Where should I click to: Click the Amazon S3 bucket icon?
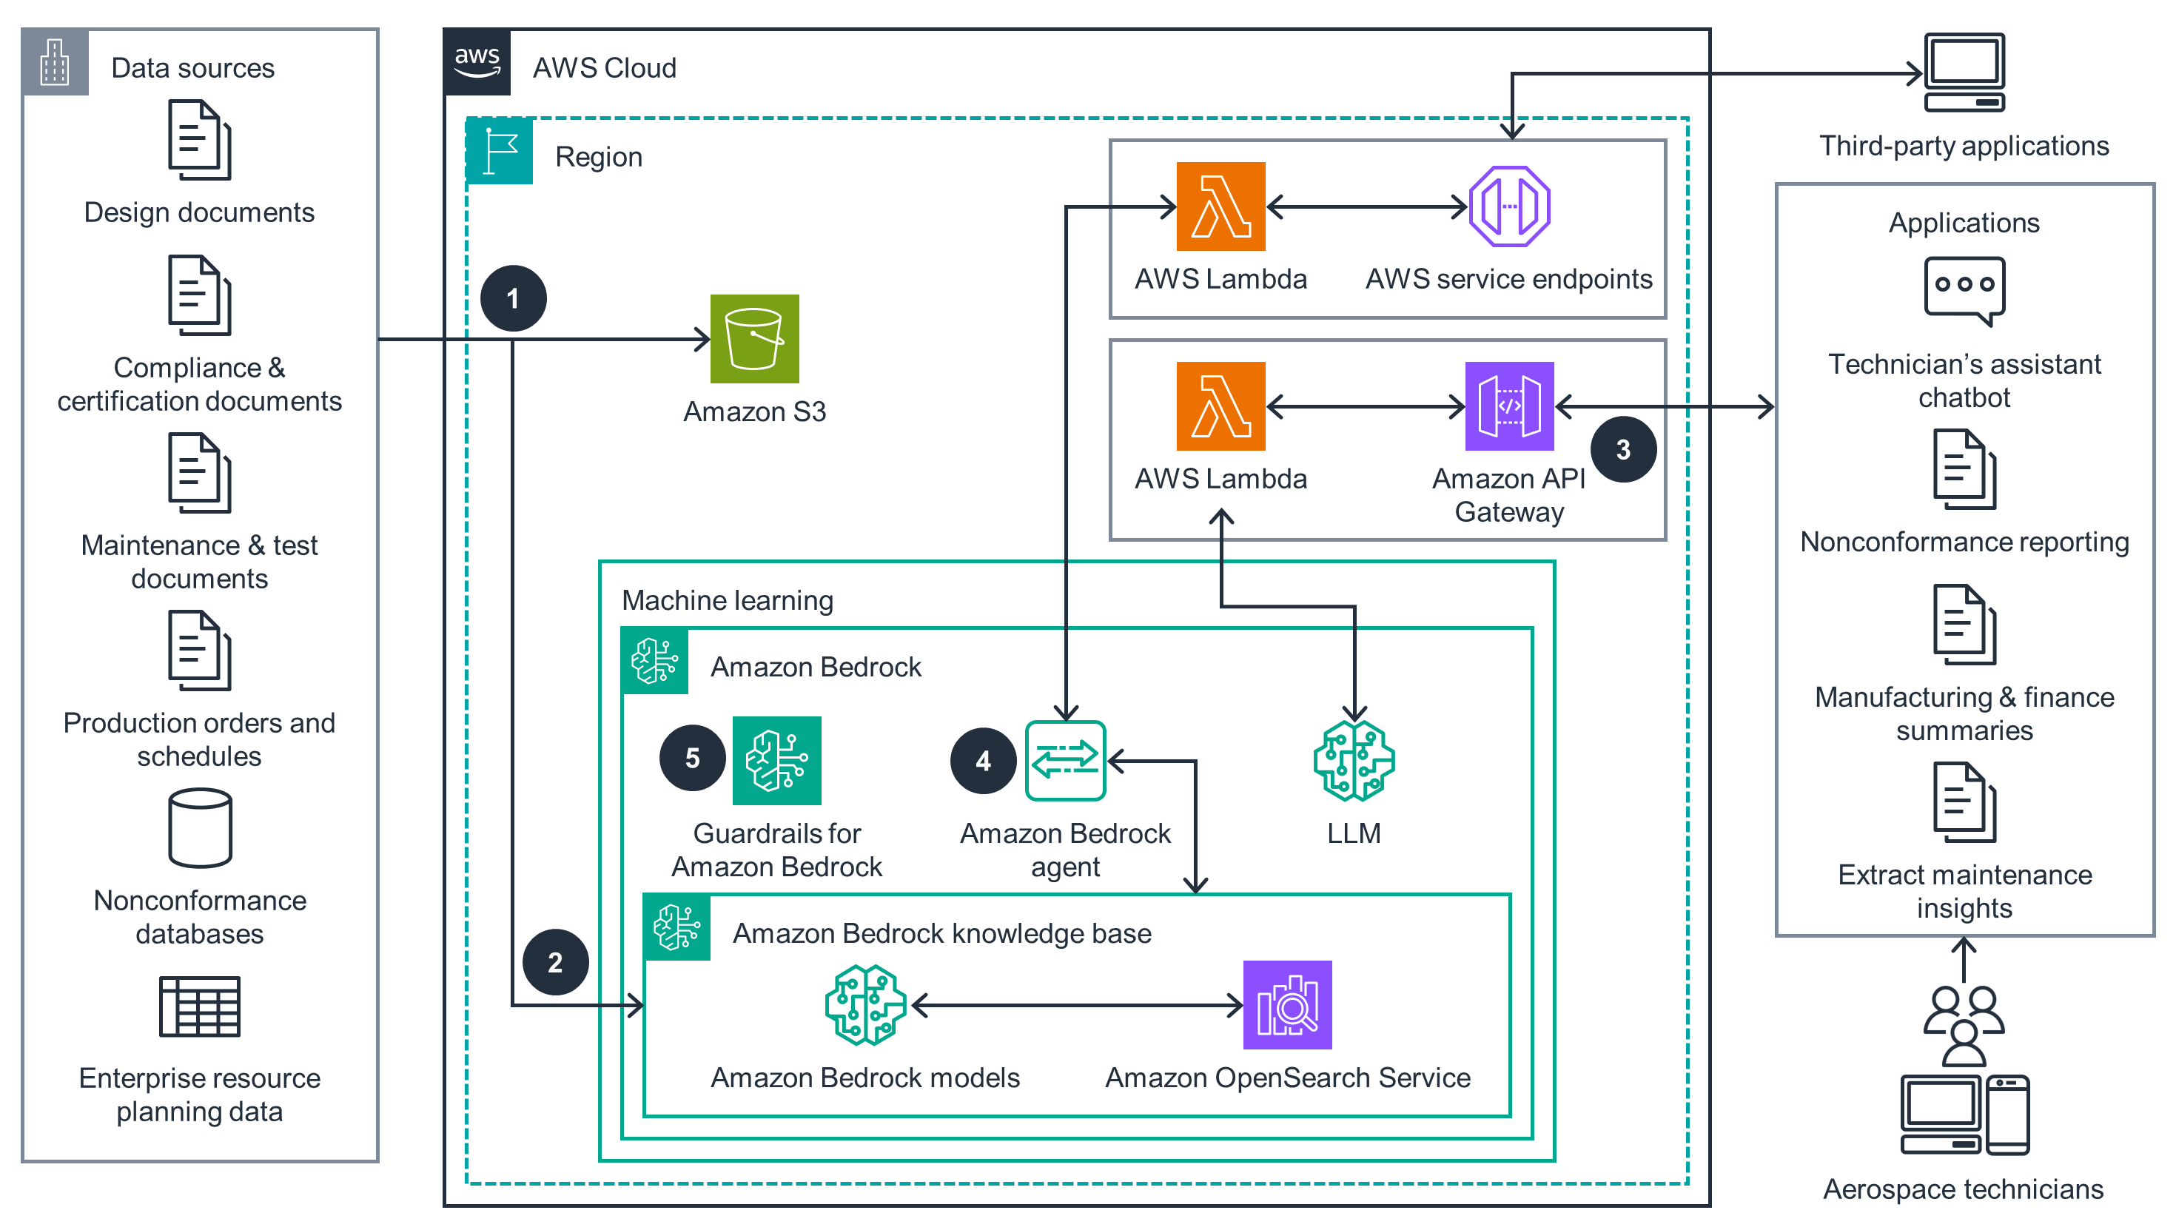753,339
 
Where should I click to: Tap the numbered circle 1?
513,298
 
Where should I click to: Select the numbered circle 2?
555,961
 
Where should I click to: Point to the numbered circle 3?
1622,449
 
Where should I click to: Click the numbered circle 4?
982,760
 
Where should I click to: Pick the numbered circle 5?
692,758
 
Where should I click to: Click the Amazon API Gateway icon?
1508,406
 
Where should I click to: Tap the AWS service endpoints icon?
1508,206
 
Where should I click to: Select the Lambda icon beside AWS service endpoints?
1220,206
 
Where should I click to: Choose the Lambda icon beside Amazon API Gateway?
1220,406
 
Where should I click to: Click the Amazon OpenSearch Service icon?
1286,1004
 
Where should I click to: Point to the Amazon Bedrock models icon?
865,1004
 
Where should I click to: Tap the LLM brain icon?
1353,760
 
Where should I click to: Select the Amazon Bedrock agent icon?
1064,760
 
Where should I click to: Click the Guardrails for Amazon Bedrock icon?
776,760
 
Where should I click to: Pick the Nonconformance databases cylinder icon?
199,828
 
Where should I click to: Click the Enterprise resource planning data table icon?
199,1006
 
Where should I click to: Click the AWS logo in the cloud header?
477,62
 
